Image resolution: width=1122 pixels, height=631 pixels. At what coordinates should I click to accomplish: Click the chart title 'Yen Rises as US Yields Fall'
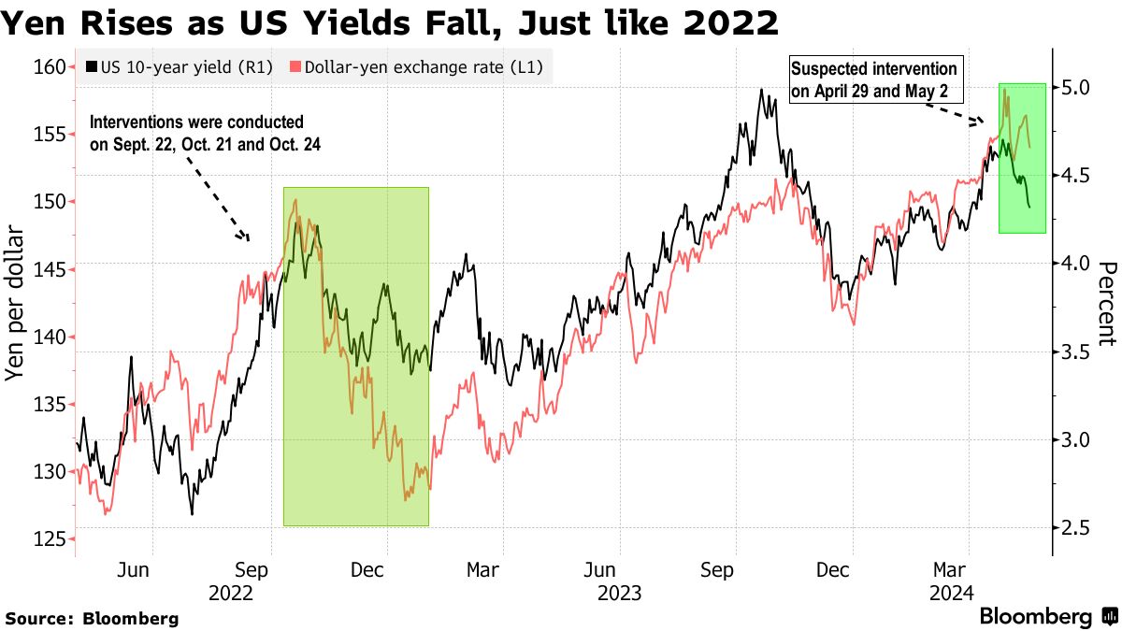point(391,22)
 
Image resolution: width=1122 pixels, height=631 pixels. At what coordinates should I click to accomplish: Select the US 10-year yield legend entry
point(178,67)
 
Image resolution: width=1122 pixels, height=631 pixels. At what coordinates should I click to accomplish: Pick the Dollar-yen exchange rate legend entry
point(417,67)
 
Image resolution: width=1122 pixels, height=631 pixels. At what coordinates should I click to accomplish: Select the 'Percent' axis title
point(1106,303)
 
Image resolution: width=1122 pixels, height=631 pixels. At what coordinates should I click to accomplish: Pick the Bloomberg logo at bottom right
point(1047,617)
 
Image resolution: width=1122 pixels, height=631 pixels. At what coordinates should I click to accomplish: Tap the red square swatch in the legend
point(295,67)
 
